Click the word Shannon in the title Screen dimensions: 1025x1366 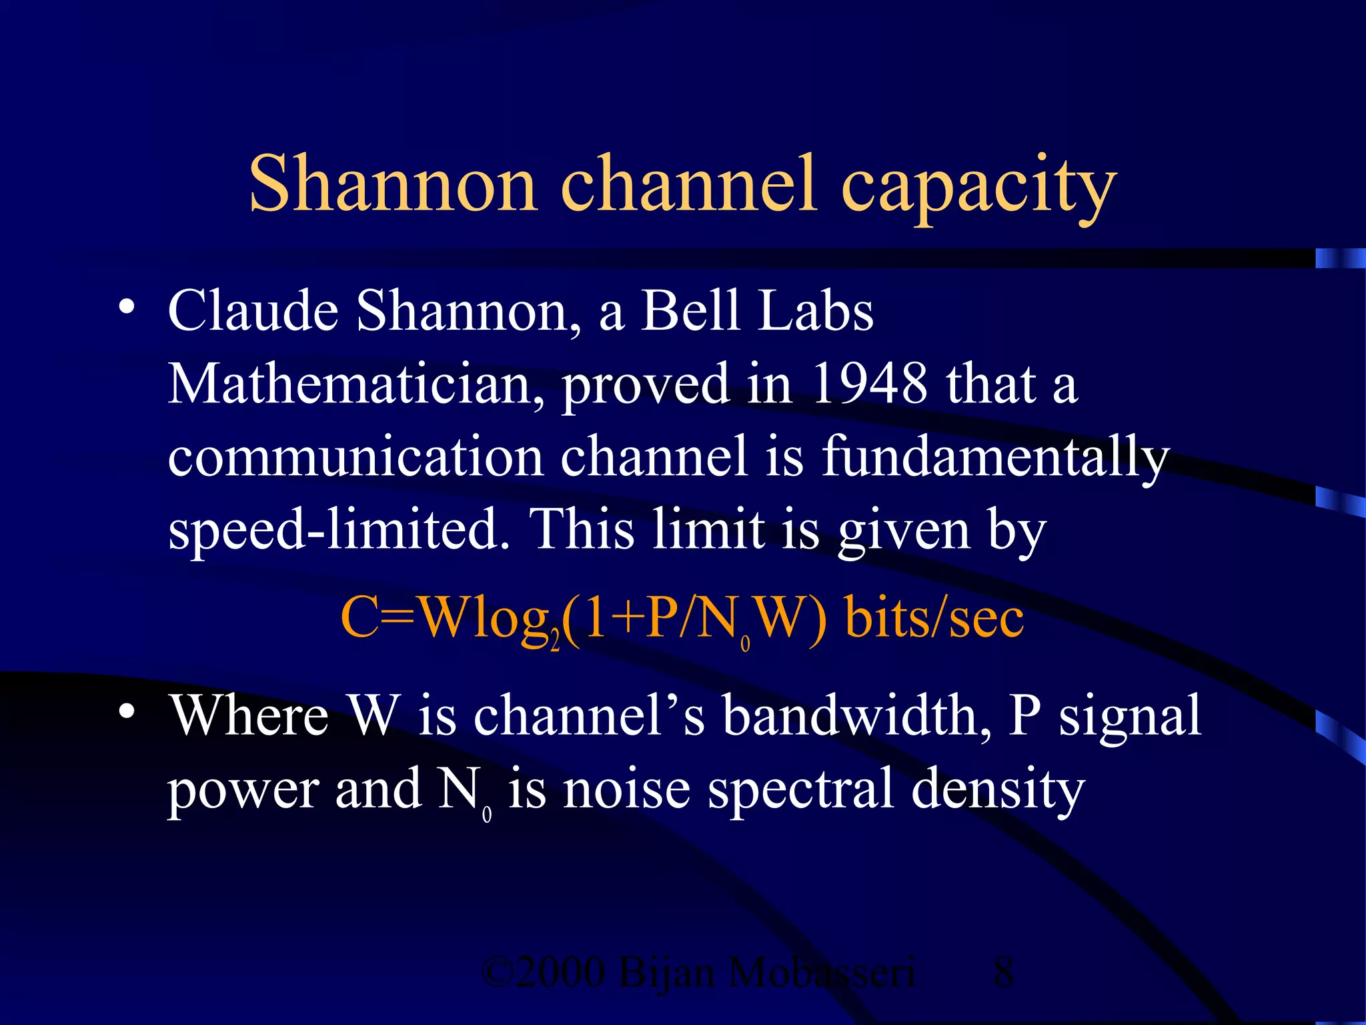point(392,184)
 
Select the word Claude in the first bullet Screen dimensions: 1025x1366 point(253,311)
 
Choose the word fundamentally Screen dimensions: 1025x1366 point(994,458)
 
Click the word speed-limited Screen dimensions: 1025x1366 point(339,531)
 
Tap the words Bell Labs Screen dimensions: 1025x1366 point(757,311)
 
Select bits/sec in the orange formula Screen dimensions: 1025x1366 point(934,618)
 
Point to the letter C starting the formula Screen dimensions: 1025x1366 point(360,618)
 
